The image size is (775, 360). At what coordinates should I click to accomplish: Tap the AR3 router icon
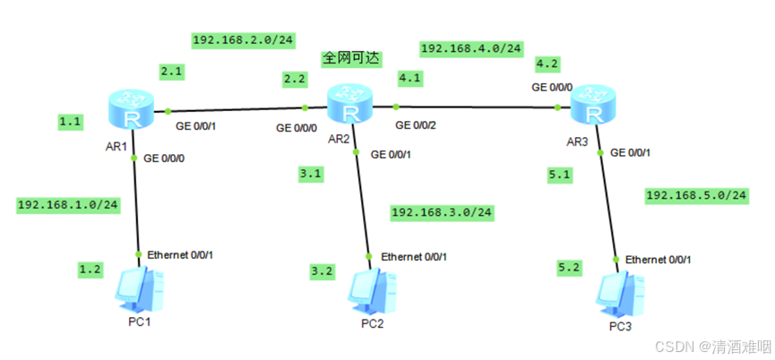pos(592,105)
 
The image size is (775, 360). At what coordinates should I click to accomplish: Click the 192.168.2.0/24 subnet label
pos(244,39)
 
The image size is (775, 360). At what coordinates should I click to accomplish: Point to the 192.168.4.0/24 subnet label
pos(470,47)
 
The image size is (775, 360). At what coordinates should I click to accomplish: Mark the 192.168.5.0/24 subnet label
pos(696,194)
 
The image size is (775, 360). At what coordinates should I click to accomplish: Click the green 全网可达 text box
pos(351,58)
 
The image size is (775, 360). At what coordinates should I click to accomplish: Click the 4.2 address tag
pos(547,64)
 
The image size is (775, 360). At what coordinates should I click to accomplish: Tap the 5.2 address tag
pos(568,267)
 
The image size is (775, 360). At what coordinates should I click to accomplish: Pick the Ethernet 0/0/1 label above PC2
pos(414,257)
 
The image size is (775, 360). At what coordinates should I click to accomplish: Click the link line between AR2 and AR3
pos(475,107)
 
